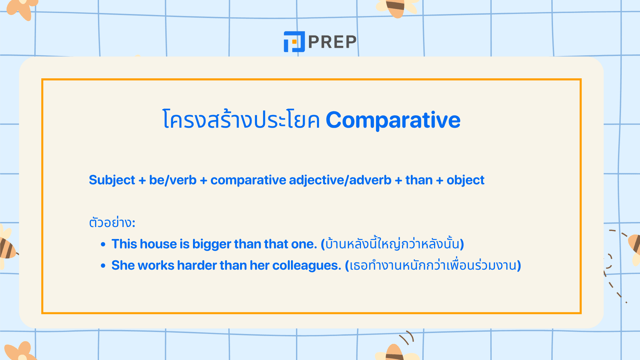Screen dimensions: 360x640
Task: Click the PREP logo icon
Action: (x=294, y=42)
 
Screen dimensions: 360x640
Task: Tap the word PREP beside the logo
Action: (x=332, y=42)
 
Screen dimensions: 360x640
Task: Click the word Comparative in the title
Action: (x=393, y=120)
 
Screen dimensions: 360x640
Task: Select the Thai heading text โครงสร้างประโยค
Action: (x=241, y=120)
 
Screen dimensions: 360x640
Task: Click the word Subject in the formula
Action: (x=112, y=180)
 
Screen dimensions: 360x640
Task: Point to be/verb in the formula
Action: (x=173, y=180)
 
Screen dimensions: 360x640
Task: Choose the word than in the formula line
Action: (x=419, y=180)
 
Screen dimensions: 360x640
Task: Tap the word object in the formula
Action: (x=465, y=180)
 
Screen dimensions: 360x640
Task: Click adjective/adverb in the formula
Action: (x=340, y=180)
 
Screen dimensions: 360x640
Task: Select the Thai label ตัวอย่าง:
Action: (x=112, y=222)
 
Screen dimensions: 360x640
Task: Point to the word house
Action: (x=158, y=244)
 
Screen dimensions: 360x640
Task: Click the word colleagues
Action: (x=306, y=265)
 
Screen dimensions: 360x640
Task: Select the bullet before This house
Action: (x=103, y=244)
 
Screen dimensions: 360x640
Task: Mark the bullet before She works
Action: (x=103, y=266)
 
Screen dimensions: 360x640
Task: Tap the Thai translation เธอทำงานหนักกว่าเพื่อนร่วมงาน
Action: (x=433, y=265)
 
